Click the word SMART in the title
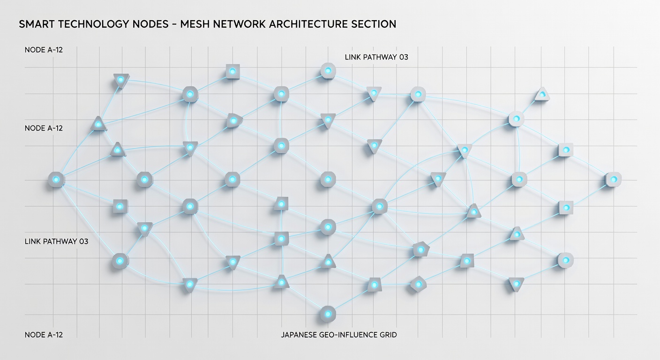(37, 24)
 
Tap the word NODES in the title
(150, 24)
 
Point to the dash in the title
(174, 24)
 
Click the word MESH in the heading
(195, 24)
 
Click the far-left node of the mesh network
(56, 180)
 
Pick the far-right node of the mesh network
(614, 180)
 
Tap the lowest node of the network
(328, 314)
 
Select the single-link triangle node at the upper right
(542, 95)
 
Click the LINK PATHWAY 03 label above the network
(376, 57)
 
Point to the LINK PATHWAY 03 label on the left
(57, 241)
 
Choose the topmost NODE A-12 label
(44, 50)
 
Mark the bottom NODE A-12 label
(44, 335)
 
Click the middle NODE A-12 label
(44, 128)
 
